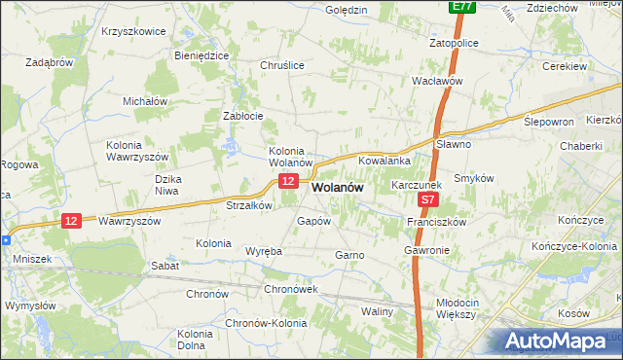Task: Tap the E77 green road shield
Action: tap(461, 7)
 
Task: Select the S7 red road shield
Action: tap(429, 199)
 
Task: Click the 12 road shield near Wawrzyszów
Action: tap(70, 221)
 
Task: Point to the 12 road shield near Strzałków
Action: tap(287, 182)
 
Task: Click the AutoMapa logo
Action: tap(561, 341)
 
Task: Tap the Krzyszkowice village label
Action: tap(133, 31)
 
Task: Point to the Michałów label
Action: tap(145, 100)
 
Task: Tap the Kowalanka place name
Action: tap(385, 160)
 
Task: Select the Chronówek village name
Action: tap(291, 289)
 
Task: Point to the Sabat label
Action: tap(163, 265)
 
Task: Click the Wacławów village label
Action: tap(436, 82)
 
